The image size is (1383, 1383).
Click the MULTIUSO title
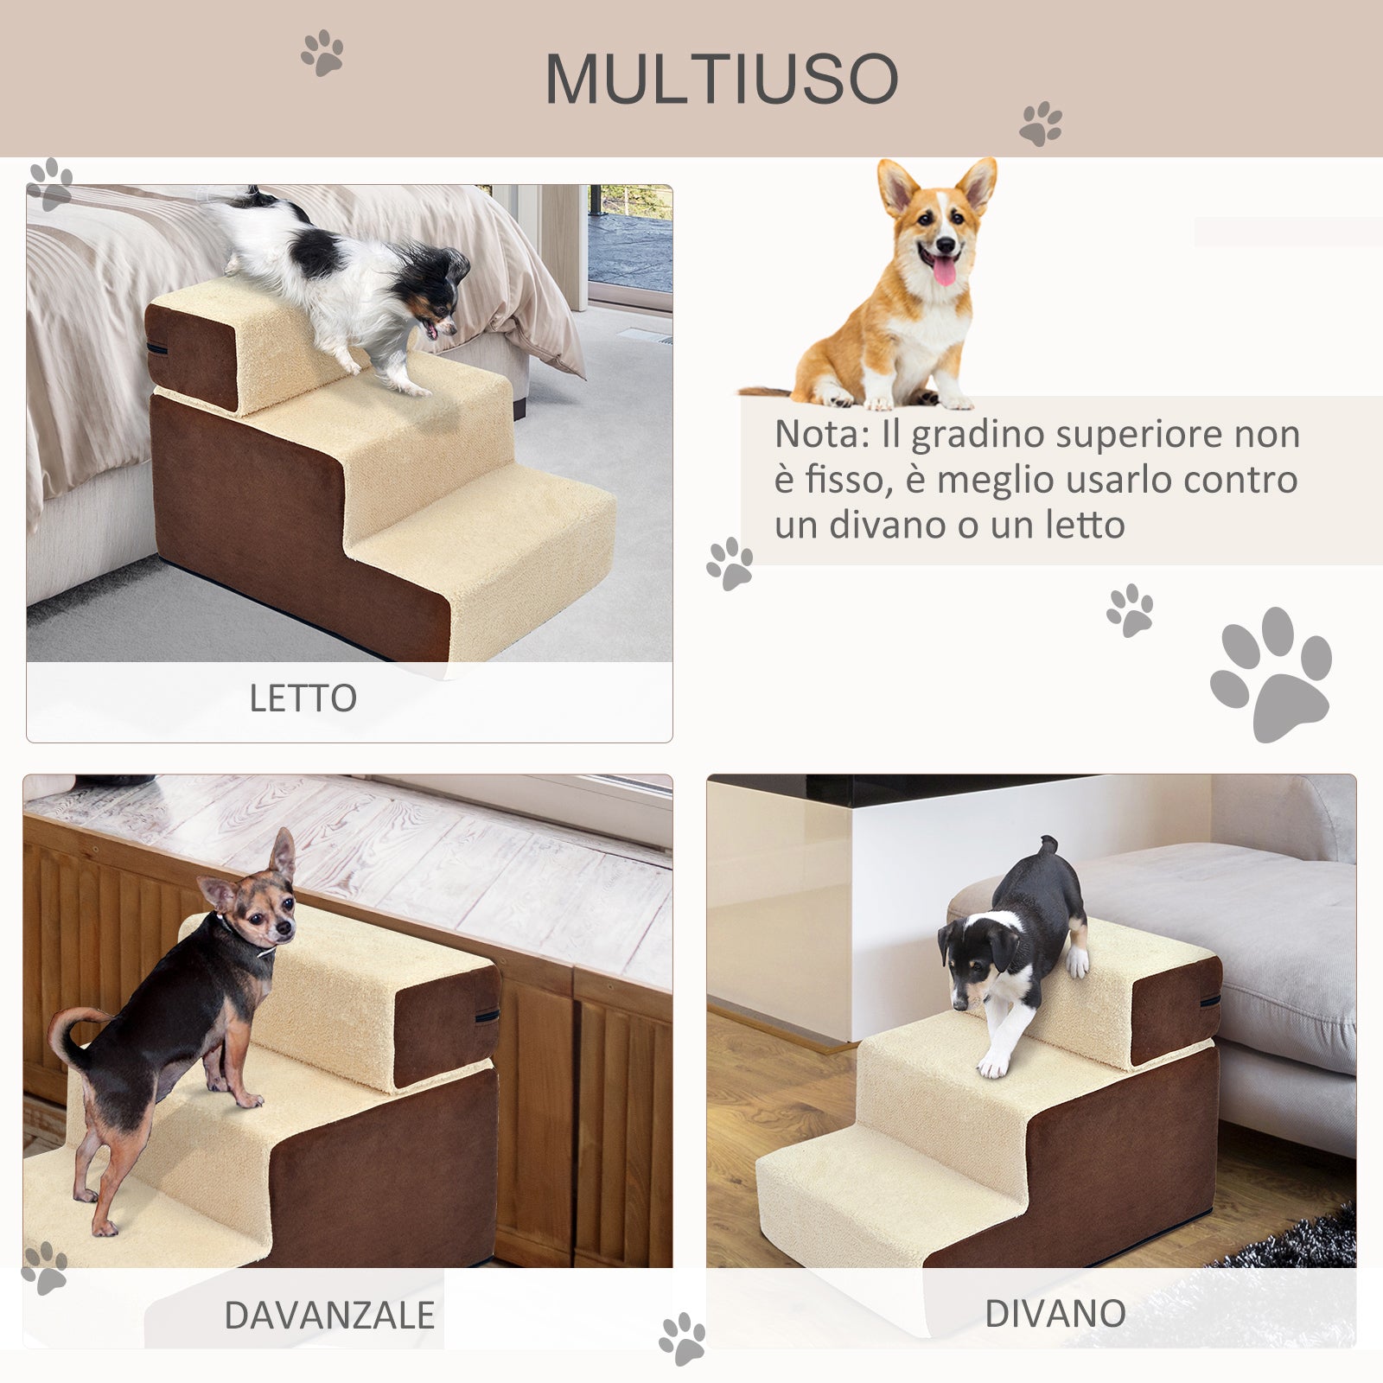tap(722, 80)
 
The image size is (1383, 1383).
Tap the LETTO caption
tap(303, 698)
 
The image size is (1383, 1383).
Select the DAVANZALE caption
tap(328, 1316)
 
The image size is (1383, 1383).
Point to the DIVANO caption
tap(1055, 1314)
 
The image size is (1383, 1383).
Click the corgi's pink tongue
tap(944, 271)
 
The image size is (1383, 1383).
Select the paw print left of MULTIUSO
tap(322, 53)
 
